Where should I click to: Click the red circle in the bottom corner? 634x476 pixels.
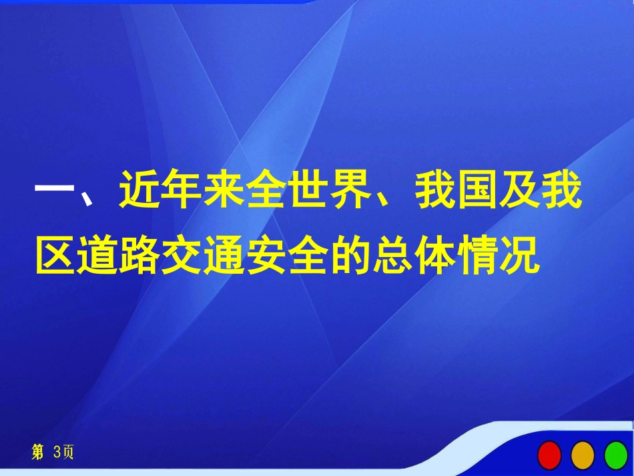pos(549,455)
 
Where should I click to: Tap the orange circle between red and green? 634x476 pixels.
pos(583,455)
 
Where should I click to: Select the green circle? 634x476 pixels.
pos(616,455)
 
